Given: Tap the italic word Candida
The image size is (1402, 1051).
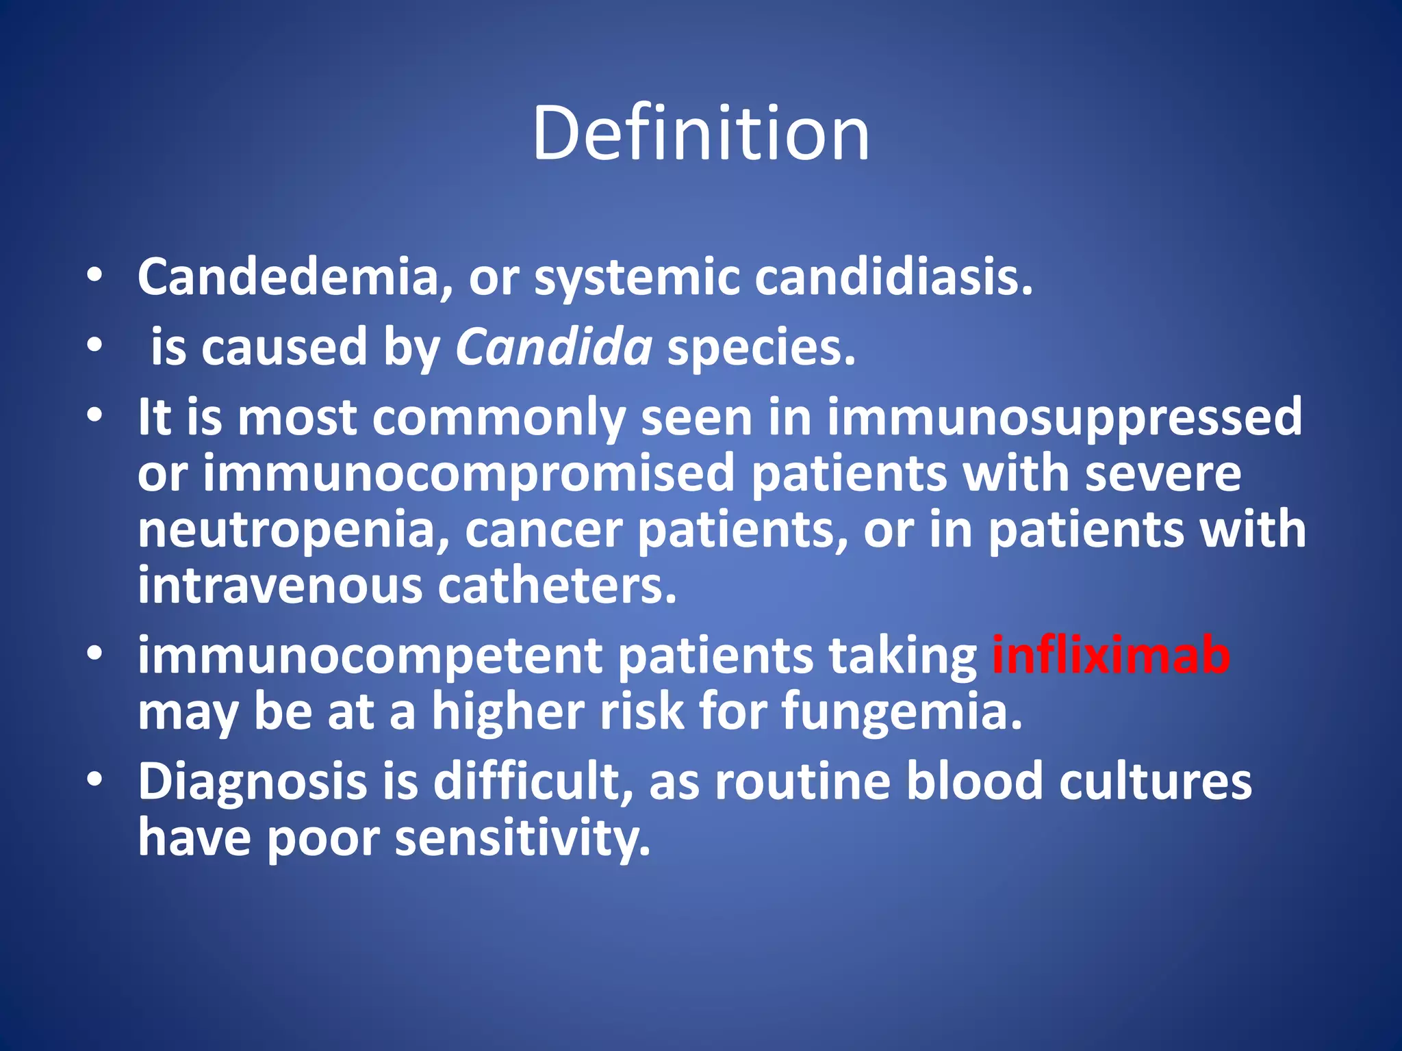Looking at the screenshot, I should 554,347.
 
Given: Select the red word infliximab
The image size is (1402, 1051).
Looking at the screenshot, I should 1110,656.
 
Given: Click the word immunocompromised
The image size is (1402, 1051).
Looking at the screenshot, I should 468,473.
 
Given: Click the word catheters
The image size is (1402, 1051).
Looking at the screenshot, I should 557,586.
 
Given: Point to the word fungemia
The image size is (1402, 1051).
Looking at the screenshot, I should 902,712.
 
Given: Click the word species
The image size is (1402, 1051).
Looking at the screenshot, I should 761,347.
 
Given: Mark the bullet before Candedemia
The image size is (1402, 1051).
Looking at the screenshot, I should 95,276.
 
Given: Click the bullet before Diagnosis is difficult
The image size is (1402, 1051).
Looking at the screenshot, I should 95,779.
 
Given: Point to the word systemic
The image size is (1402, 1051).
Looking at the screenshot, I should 637,278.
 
